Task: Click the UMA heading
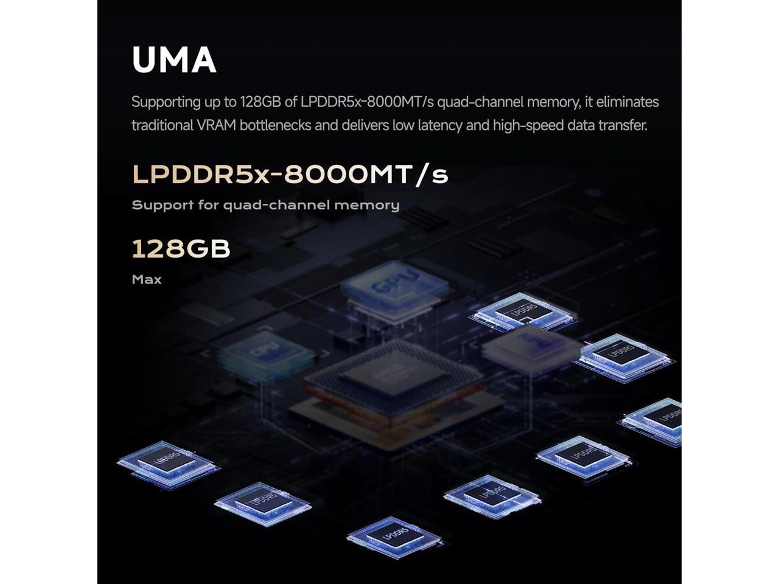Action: point(174,60)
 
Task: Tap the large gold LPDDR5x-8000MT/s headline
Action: point(290,175)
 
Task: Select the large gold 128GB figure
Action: point(181,249)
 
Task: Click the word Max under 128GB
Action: point(147,280)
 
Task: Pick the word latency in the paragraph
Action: point(441,125)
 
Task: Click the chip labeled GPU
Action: point(396,286)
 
